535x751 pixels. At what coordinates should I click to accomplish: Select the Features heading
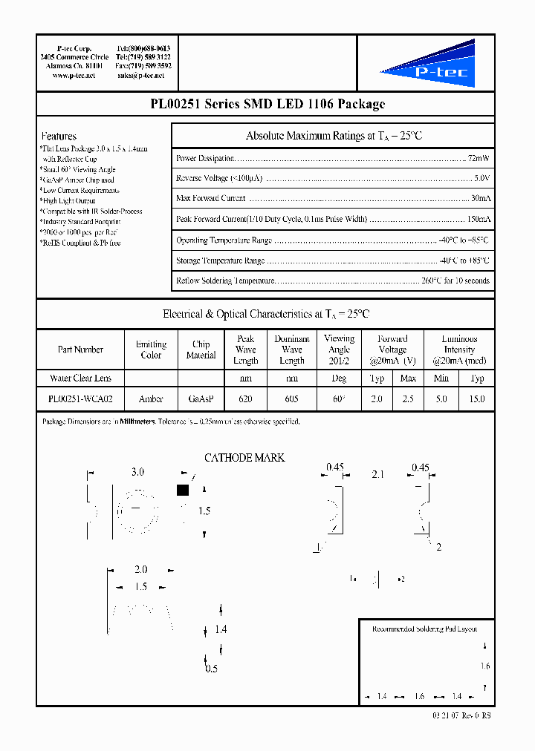59,136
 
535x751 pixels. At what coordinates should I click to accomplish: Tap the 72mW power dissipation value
478,158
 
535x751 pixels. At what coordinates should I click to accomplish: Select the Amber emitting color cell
151,399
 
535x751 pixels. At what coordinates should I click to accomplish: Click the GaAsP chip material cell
201,399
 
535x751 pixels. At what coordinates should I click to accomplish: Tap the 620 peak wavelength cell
245,399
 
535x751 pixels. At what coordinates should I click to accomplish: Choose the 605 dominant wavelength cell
292,399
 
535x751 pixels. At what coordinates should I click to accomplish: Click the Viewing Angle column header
339,349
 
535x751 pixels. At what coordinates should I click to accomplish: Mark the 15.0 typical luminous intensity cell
477,399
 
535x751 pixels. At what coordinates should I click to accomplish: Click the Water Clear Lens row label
80,378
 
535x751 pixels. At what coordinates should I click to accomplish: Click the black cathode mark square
183,490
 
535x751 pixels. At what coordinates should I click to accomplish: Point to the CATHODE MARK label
244,458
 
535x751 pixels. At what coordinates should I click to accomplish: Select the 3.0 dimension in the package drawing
137,472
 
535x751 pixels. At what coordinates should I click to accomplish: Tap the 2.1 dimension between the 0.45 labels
377,473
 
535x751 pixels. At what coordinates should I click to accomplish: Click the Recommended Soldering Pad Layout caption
424,629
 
